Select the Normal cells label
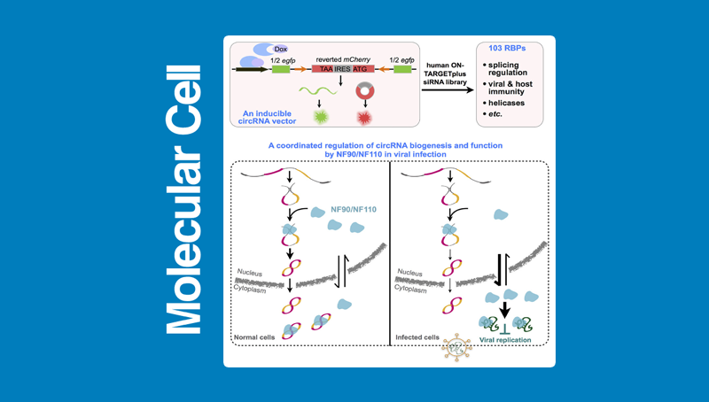tap(255, 337)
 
